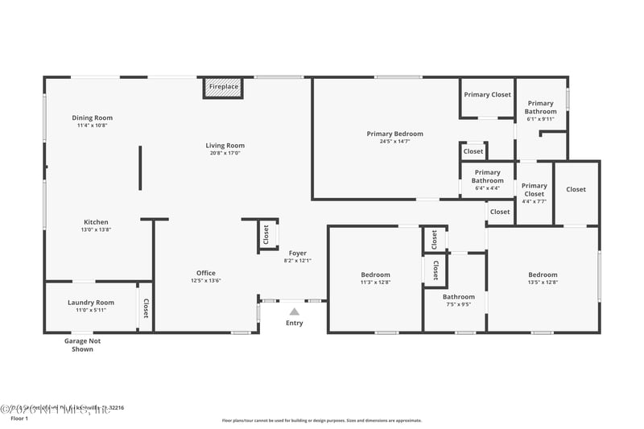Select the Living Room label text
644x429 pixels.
(x=226, y=146)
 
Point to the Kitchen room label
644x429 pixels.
(x=96, y=222)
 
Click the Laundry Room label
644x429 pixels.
(x=90, y=303)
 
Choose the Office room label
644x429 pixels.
(x=205, y=273)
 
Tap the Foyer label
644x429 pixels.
(x=298, y=254)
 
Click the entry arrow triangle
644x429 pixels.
(x=295, y=311)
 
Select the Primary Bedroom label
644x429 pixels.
(x=394, y=134)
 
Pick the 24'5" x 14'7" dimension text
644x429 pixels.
(x=394, y=142)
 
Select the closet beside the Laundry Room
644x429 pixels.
(x=146, y=308)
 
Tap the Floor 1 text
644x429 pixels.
(x=19, y=419)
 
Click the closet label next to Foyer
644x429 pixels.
(x=266, y=234)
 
